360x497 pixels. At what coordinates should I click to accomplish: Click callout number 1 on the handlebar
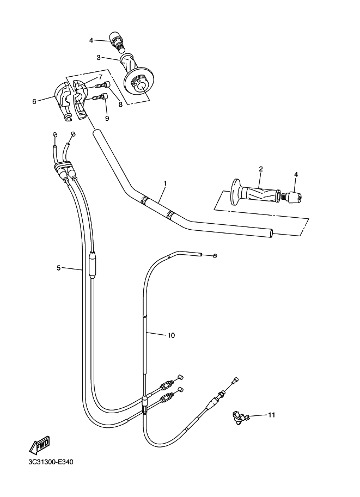[x=164, y=183]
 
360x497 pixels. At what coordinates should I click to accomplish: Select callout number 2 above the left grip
[x=261, y=169]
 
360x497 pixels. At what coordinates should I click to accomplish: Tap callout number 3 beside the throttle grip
[x=99, y=57]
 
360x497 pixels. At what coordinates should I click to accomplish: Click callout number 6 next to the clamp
[x=34, y=101]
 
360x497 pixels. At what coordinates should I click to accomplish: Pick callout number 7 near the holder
[x=100, y=77]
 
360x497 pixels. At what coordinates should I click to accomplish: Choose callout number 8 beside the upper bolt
[x=120, y=104]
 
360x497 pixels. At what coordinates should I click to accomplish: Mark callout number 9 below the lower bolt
[x=107, y=118]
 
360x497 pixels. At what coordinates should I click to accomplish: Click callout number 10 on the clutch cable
[x=171, y=335]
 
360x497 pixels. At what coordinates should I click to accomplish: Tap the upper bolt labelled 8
[x=102, y=85]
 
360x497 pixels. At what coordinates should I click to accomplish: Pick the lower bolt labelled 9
[x=98, y=97]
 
